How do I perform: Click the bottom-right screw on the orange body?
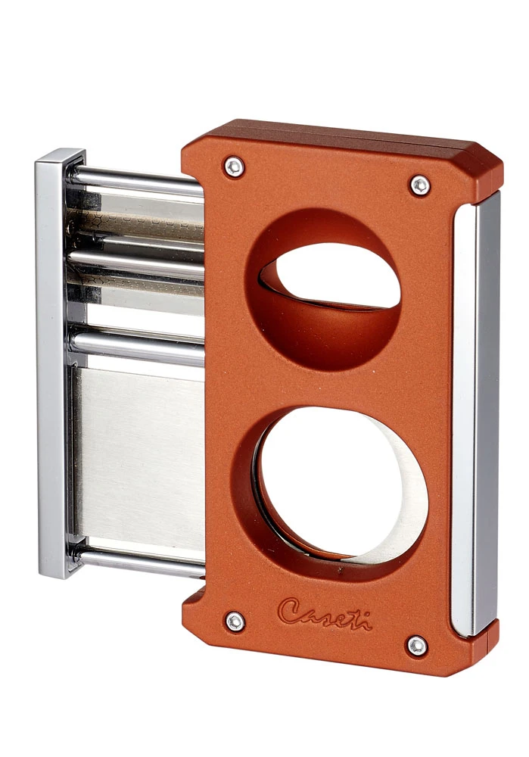[x=416, y=645]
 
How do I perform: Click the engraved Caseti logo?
[x=324, y=613]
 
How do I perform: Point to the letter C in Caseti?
[x=290, y=611]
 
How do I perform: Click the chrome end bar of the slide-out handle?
[x=54, y=363]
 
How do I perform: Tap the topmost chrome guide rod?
[x=136, y=182]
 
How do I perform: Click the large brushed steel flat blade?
[x=140, y=454]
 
